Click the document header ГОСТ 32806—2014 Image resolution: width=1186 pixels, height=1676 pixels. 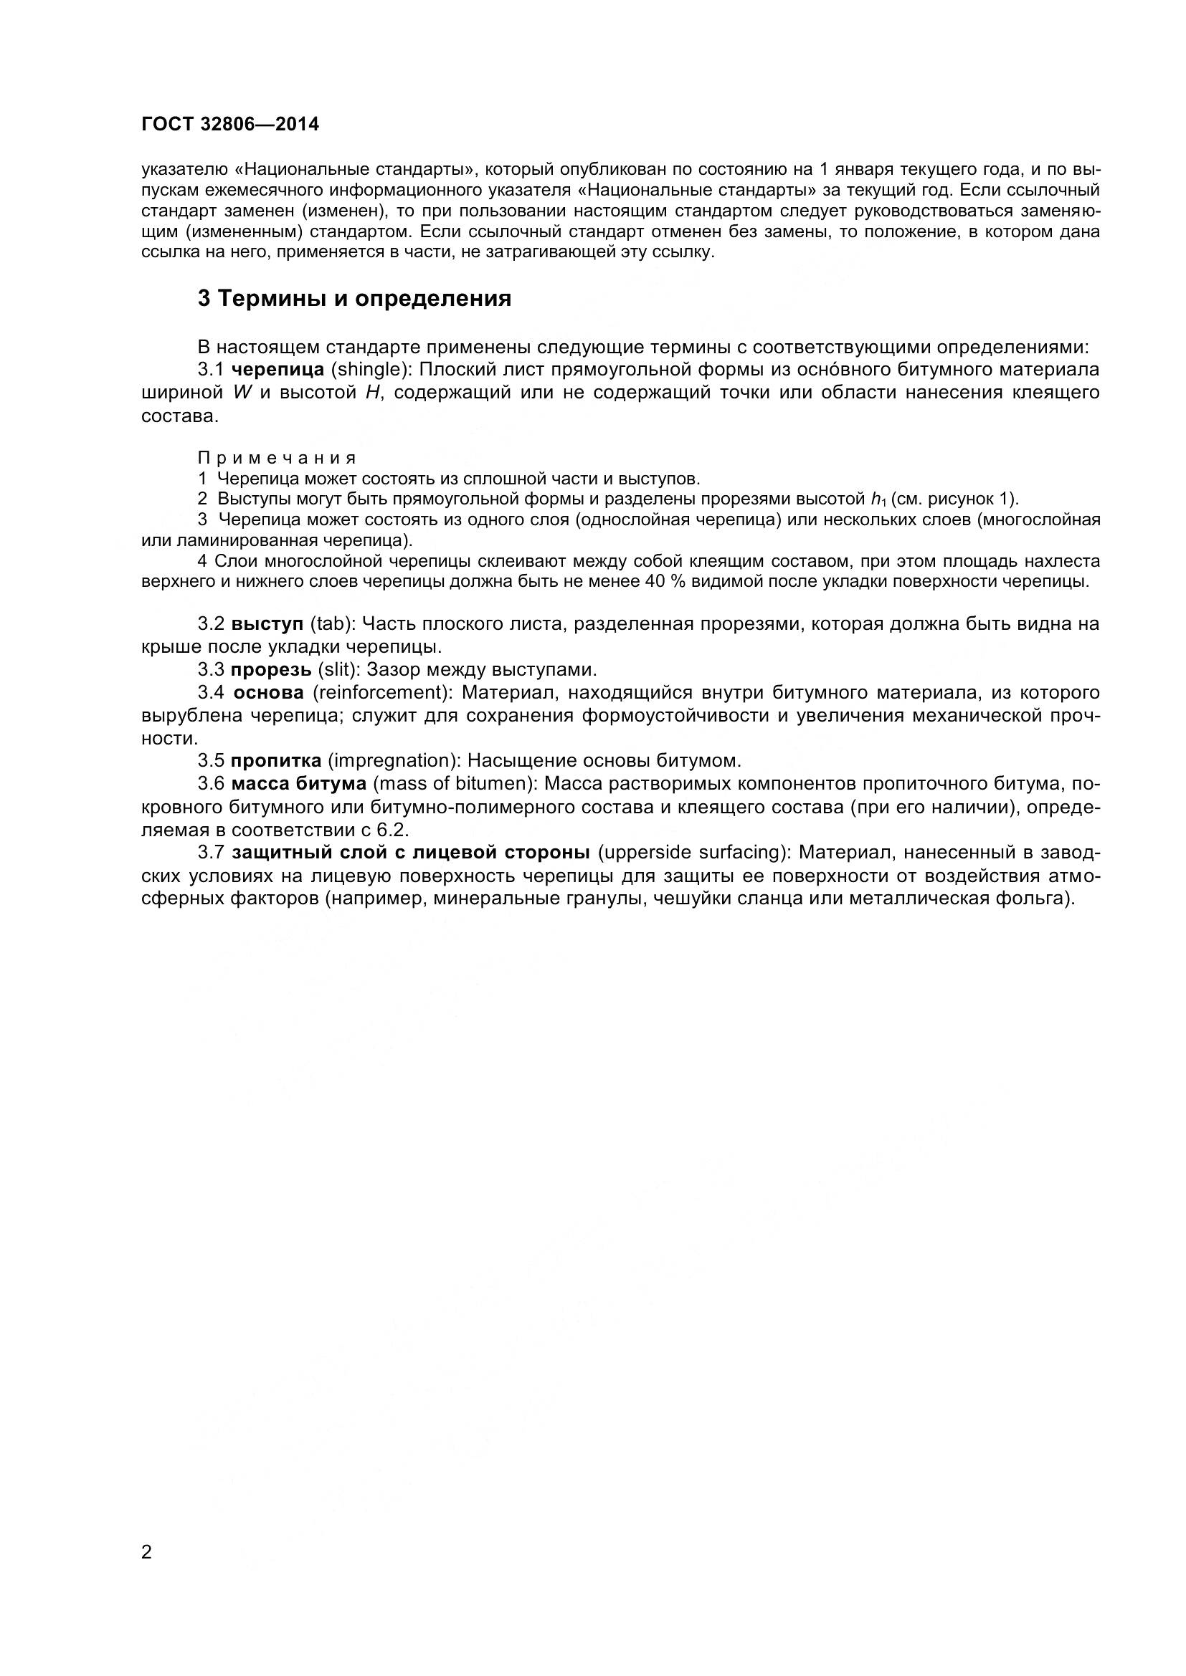[x=230, y=125]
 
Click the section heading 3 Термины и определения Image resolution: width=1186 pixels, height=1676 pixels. [x=354, y=299]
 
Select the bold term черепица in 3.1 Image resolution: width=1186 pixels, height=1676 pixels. [x=283, y=370]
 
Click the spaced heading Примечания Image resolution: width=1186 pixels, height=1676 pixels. [x=277, y=459]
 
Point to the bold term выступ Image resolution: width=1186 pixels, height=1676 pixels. [x=267, y=624]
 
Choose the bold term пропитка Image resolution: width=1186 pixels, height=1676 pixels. [x=276, y=761]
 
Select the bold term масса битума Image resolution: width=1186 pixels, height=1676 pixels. [x=299, y=784]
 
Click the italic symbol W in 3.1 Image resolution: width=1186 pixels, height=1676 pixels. [x=241, y=393]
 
